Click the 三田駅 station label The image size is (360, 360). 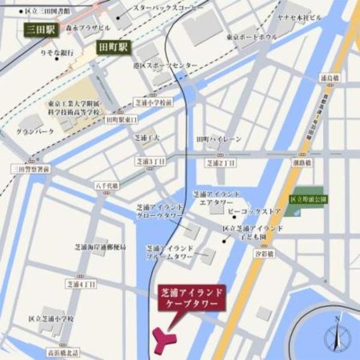40,29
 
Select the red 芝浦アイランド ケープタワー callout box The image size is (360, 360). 192,298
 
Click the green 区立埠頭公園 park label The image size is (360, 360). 308,197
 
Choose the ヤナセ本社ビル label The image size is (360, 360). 299,17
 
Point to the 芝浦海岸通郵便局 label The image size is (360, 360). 98,247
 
